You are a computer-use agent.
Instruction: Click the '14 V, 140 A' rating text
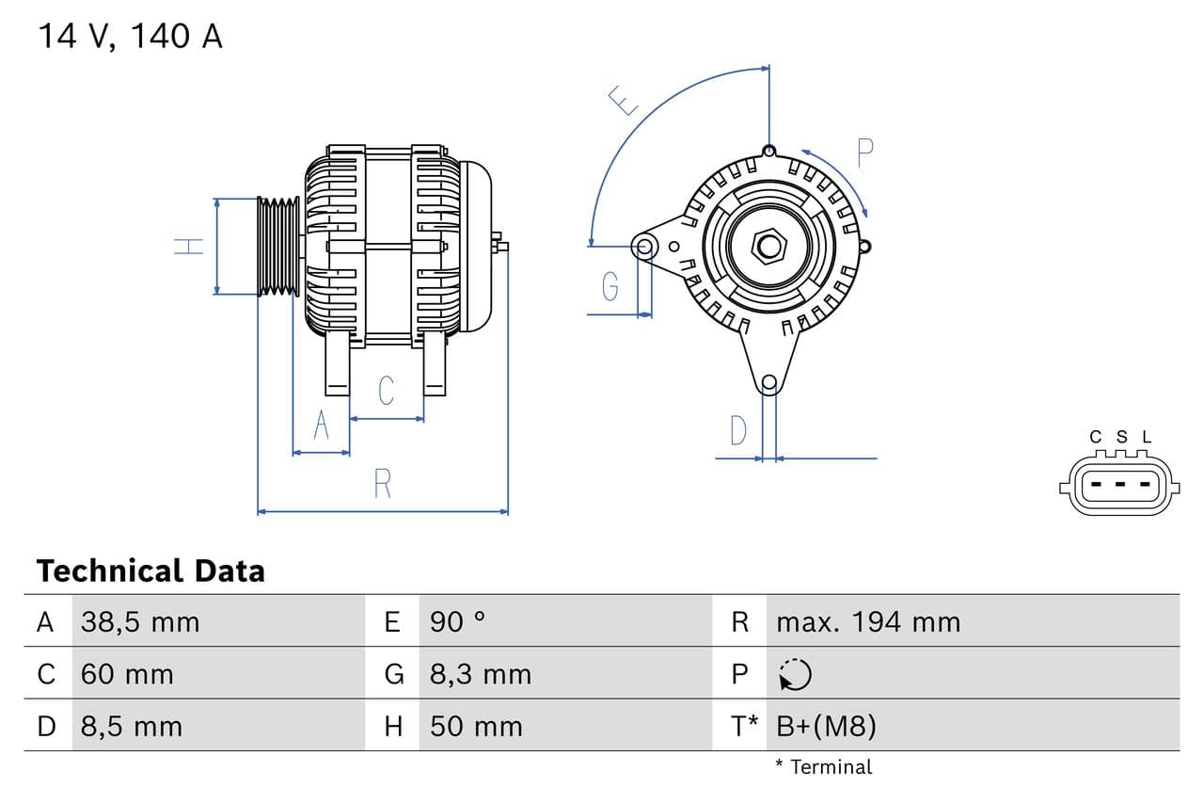130,37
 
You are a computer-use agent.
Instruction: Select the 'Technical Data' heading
150,570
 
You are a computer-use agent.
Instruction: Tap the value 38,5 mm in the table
140,622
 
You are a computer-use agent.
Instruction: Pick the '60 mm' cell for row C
127,674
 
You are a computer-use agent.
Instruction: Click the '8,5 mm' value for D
132,727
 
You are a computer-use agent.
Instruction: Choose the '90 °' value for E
457,622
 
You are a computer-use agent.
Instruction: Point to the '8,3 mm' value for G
481,674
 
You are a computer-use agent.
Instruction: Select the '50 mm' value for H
476,727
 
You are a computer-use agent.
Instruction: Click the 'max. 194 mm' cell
868,622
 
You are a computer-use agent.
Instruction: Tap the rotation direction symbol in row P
795,674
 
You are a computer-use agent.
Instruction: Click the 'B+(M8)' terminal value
826,727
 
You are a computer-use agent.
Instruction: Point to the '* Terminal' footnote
824,767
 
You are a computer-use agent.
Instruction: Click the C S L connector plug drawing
1118,485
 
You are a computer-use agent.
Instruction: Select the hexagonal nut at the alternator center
769,247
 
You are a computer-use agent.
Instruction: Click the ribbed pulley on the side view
278,247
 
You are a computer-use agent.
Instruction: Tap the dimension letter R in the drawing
382,483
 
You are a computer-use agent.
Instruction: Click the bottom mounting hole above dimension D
769,382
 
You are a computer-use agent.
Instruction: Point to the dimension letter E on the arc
622,100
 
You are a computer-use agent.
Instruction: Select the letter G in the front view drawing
610,285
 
